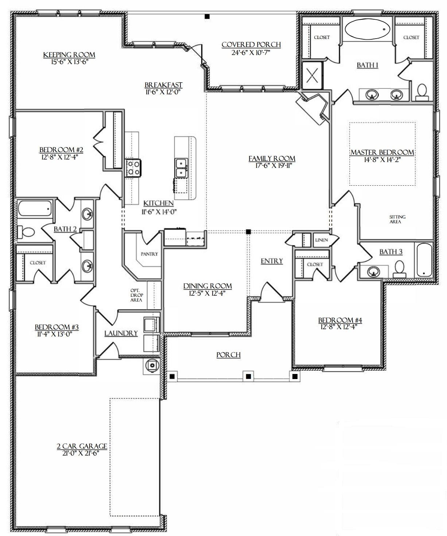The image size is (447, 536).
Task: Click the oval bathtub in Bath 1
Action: coord(367,29)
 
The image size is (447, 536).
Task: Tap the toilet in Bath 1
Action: coord(422,92)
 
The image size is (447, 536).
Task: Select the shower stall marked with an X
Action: coord(312,75)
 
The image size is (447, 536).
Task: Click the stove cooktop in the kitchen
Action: coord(133,168)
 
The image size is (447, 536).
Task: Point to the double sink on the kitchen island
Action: coord(181,168)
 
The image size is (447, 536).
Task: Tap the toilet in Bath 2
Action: coord(26,232)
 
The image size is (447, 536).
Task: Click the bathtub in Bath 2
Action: coord(35,208)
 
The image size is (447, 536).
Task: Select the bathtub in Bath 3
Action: coord(424,260)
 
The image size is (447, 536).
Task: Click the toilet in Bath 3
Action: coord(400,269)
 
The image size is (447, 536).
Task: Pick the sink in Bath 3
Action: coord(373,272)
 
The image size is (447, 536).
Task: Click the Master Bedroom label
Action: coord(382,152)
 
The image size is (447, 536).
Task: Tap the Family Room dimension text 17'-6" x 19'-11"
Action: coord(274,166)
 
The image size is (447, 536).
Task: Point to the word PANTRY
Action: coord(149,254)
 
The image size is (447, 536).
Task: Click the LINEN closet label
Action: coord(321,240)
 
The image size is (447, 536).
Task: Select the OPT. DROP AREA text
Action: coord(136,295)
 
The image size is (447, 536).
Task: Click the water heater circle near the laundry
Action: coord(152,365)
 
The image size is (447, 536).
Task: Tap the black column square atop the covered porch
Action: coord(207,17)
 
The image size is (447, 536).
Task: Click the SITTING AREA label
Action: coord(397,219)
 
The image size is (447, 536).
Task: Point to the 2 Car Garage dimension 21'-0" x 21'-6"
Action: coord(81,453)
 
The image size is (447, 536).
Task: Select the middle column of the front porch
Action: coord(248,377)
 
